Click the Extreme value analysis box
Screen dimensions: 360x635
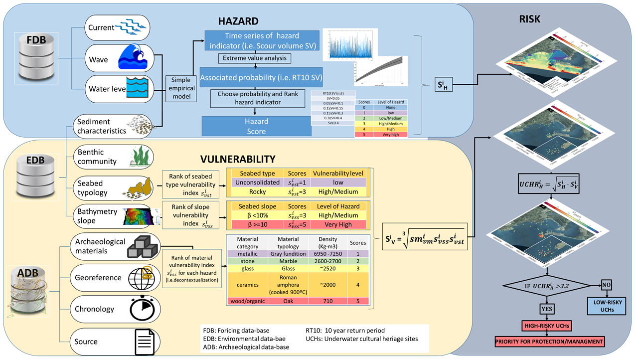pyautogui.click(x=254, y=59)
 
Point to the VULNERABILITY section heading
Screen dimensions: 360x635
pyautogui.click(x=237, y=159)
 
